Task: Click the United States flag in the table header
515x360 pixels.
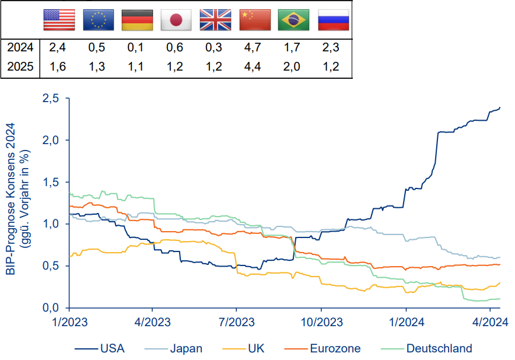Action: click(x=59, y=20)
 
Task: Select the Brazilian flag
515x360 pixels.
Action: click(x=294, y=20)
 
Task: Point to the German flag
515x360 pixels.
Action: click(x=137, y=20)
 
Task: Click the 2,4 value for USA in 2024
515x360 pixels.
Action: click(x=57, y=47)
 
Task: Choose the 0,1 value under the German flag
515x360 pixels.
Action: click(x=135, y=47)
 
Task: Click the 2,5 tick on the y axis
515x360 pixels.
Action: click(x=51, y=99)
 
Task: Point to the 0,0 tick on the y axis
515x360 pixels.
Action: click(x=51, y=307)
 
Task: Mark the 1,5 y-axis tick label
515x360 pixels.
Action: click(x=51, y=182)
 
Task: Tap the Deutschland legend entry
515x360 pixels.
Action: click(x=439, y=349)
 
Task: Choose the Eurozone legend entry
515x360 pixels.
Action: click(x=334, y=349)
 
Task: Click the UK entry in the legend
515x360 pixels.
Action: click(x=256, y=349)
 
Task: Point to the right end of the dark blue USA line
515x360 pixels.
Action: click(x=500, y=107)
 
